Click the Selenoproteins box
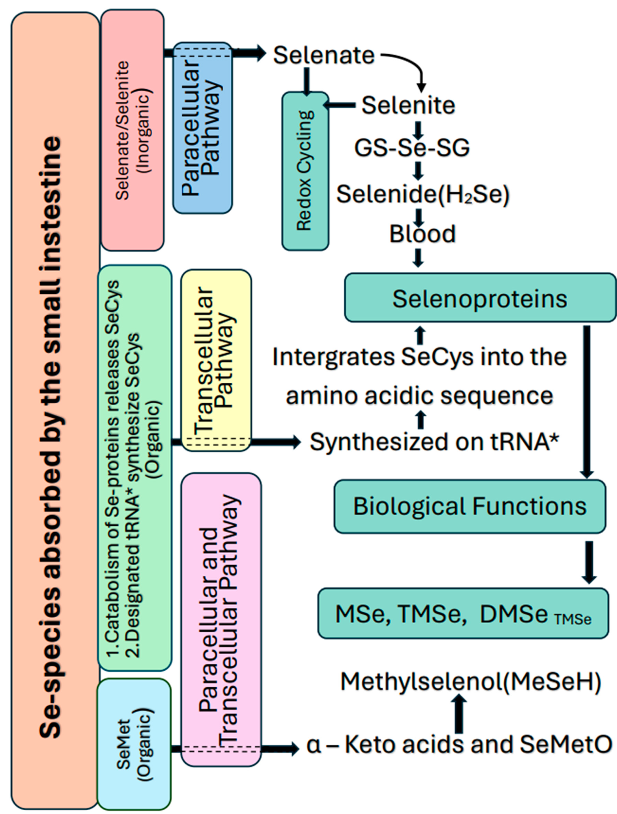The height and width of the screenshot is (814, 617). (x=480, y=298)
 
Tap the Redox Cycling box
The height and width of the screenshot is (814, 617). (x=305, y=171)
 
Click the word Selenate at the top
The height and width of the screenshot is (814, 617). (x=324, y=56)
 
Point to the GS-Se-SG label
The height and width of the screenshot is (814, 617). (x=412, y=148)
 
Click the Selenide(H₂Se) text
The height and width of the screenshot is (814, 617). (x=423, y=194)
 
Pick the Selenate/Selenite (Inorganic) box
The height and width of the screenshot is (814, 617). (x=133, y=130)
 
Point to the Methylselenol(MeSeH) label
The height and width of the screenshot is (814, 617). (x=470, y=682)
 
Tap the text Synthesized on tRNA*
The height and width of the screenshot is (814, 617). (x=434, y=442)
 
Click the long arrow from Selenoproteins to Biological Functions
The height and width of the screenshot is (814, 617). (x=587, y=401)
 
